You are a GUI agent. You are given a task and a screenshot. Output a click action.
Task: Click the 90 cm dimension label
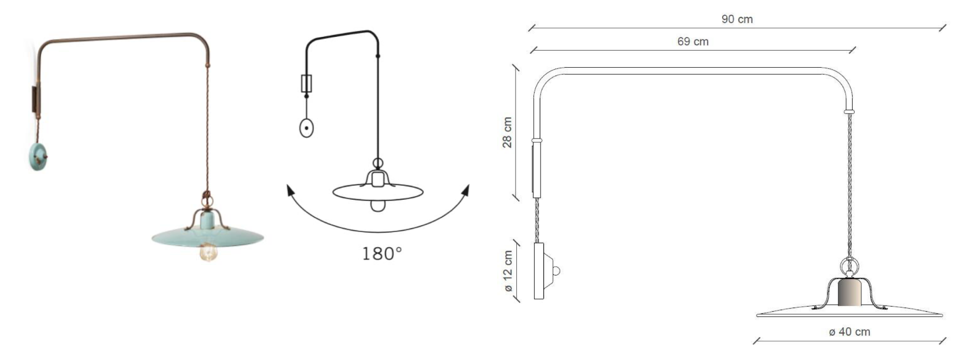point(737,19)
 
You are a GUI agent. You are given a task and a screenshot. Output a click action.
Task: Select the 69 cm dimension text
point(693,41)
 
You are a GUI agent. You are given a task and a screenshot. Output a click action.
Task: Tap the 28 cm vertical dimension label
point(507,132)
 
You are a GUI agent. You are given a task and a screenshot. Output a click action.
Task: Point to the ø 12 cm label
point(508,271)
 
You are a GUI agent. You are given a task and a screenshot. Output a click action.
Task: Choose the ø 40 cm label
point(850,332)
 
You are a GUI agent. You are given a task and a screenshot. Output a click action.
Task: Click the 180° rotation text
point(382,253)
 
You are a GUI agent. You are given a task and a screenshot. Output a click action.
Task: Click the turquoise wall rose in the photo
point(38,156)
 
